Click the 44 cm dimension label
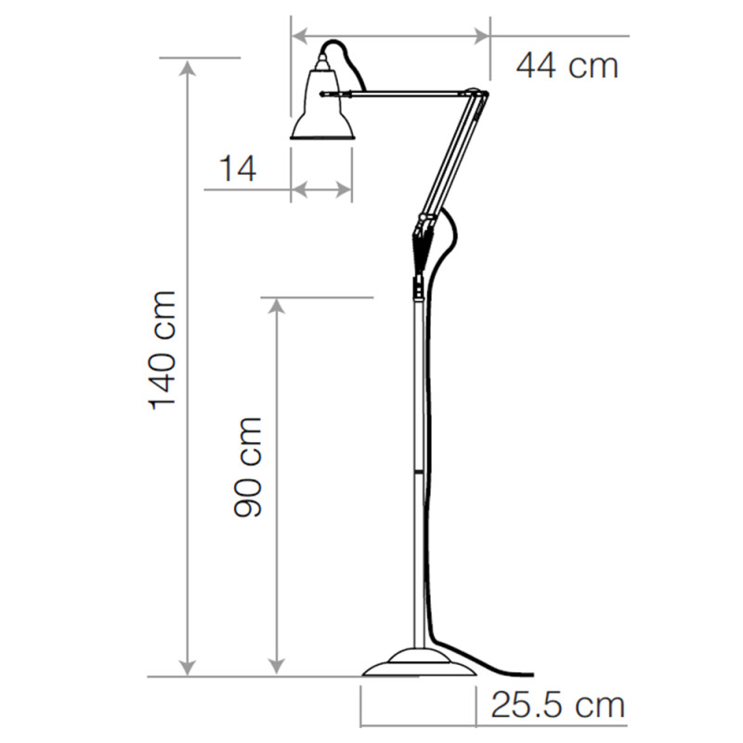coord(567,65)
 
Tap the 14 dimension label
coord(238,169)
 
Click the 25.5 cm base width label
coord(557,706)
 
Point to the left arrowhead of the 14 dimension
coord(298,190)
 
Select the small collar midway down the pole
coord(417,473)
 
